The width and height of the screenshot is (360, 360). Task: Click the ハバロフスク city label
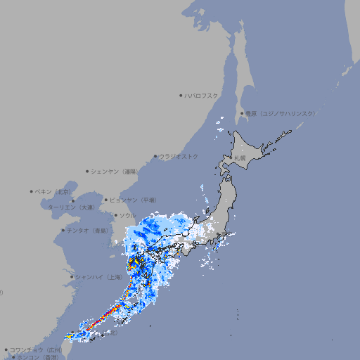[202, 95]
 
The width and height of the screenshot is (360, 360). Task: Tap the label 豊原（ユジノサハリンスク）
[280, 113]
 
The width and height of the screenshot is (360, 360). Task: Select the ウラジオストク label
[179, 156]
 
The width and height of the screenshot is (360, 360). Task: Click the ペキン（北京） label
[53, 191]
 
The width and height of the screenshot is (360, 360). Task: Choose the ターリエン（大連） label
[71, 208]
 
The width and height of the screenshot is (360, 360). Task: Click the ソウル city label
[127, 215]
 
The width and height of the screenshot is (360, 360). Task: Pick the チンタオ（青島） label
[87, 230]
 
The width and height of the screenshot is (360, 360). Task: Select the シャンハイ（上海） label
[98, 277]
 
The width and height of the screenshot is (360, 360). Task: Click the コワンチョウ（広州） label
[36, 349]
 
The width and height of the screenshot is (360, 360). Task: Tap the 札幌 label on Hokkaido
[241, 159]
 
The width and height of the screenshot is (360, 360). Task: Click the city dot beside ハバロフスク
[181, 95]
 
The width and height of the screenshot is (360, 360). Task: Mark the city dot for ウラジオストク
[155, 156]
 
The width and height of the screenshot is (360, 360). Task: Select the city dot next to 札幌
[233, 159]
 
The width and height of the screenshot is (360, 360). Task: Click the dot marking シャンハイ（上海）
[72, 277]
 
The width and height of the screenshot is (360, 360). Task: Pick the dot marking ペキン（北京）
[32, 191]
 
